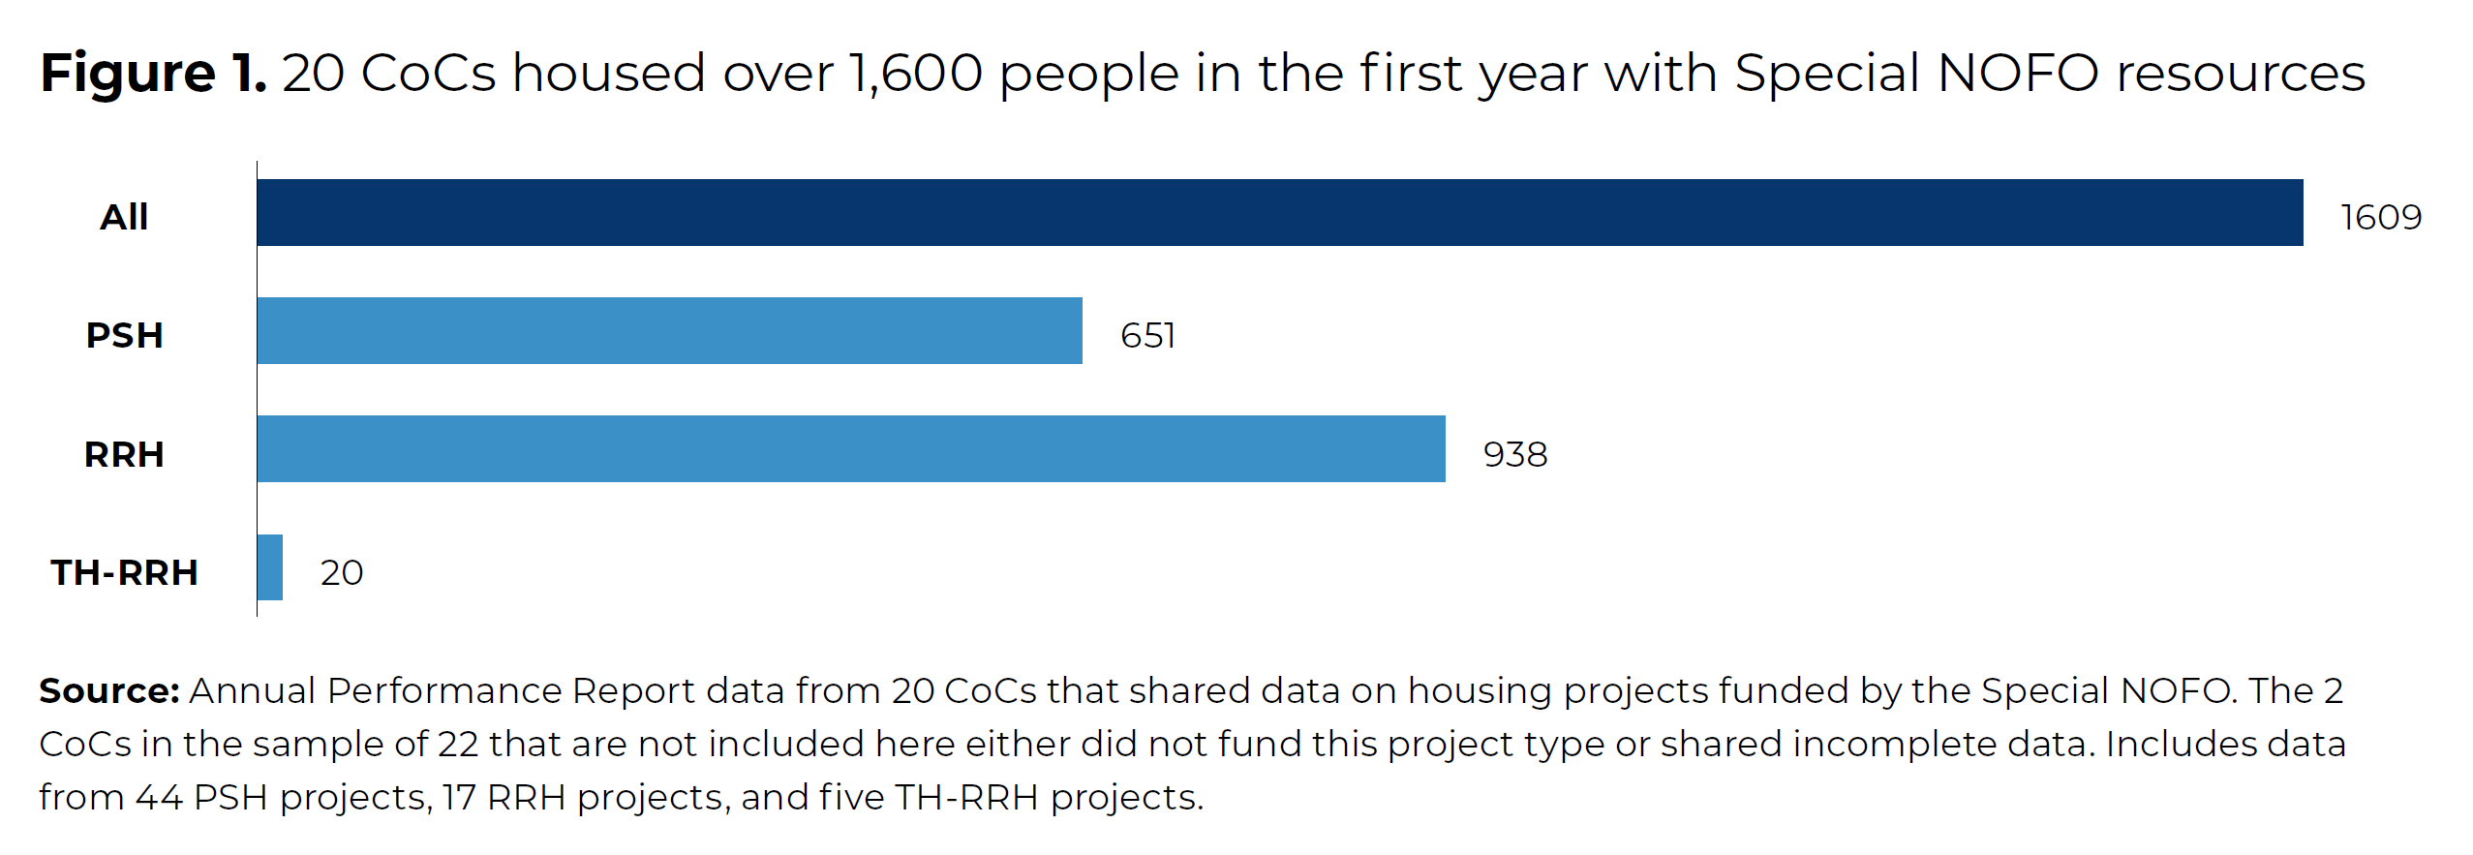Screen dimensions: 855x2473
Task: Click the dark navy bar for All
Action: pos(1278,212)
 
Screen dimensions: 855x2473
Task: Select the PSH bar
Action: pos(669,330)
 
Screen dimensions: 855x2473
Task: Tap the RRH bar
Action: pos(850,448)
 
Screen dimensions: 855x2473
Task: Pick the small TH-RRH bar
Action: pos(270,567)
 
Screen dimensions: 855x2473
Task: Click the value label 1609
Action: pos(2380,217)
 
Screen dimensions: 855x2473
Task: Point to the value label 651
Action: pos(1147,335)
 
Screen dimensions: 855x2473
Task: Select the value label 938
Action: pos(1514,454)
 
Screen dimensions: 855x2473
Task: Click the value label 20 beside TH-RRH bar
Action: pos(342,572)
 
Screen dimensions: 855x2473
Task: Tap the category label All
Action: pos(124,217)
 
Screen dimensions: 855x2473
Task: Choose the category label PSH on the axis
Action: pos(124,335)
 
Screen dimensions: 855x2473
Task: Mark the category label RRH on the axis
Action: pos(124,454)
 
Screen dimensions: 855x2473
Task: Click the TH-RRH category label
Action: pos(124,572)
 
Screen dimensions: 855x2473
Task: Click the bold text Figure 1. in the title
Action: pos(153,73)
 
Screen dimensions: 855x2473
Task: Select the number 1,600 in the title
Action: pos(915,73)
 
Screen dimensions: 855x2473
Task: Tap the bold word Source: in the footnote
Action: pos(108,690)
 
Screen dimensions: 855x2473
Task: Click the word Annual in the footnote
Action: pos(252,690)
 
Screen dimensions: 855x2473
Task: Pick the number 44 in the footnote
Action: pos(159,797)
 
